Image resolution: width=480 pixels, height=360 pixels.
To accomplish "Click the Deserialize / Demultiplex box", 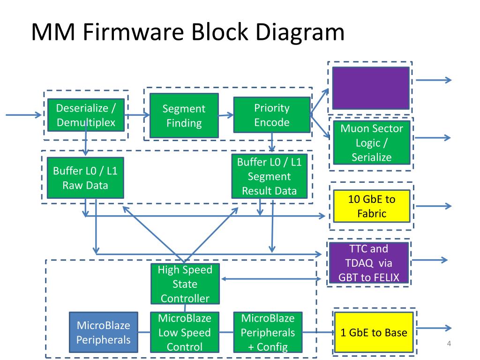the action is (86, 115).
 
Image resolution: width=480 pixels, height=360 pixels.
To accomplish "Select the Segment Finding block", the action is (184, 115).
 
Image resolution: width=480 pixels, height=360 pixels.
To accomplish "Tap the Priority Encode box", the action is (272, 115).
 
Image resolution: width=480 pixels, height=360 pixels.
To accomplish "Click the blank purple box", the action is (371, 88).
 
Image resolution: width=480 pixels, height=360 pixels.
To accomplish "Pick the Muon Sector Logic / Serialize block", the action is (372, 142).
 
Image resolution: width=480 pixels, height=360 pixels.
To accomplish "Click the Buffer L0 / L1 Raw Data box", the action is (85, 178).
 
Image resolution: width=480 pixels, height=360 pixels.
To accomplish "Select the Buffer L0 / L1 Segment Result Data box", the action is (270, 176).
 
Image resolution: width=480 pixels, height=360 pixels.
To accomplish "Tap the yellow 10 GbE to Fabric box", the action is (372, 206).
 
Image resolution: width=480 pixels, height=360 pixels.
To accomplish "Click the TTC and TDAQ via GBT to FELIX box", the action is (369, 262).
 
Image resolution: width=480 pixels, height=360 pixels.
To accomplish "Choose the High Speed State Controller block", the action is (185, 284).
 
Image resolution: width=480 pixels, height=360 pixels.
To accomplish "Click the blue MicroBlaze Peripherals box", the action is (104, 332).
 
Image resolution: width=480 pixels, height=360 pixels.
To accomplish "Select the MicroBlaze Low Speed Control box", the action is (185, 332).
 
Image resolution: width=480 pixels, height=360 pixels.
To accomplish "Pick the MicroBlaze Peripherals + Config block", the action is (268, 332).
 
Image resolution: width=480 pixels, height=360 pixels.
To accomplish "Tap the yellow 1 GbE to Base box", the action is (374, 332).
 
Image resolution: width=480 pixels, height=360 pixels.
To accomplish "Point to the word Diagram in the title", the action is (300, 32).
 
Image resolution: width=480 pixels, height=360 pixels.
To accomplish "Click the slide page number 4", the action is (449, 344).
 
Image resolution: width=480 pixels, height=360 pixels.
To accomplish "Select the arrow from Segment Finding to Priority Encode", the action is (226, 115).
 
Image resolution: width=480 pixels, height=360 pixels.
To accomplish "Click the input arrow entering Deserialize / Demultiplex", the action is (23, 115).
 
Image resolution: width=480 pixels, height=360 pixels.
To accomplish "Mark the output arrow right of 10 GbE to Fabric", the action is (434, 206).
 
